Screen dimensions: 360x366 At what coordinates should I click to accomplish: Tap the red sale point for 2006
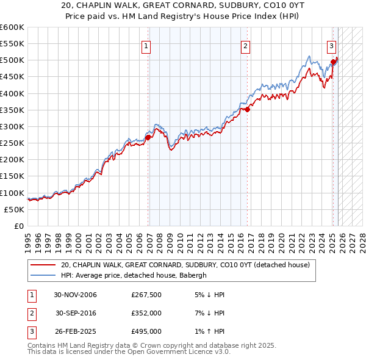pyautogui.click(x=148, y=137)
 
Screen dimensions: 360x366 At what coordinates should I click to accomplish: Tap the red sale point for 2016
pyautogui.click(x=248, y=110)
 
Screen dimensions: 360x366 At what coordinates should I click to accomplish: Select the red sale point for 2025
pyautogui.click(x=334, y=62)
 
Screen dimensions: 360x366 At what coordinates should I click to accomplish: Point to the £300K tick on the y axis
pyautogui.click(x=12, y=127)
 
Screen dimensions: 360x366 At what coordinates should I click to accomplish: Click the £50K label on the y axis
pyautogui.click(x=14, y=209)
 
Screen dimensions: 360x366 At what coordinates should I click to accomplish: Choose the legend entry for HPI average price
pyautogui.click(x=134, y=275)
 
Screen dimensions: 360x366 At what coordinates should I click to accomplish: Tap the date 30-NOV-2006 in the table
pyautogui.click(x=76, y=295)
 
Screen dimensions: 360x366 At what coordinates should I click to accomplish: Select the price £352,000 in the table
pyautogui.click(x=146, y=313)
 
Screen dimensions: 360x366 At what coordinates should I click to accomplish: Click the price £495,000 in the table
pyautogui.click(x=146, y=331)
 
